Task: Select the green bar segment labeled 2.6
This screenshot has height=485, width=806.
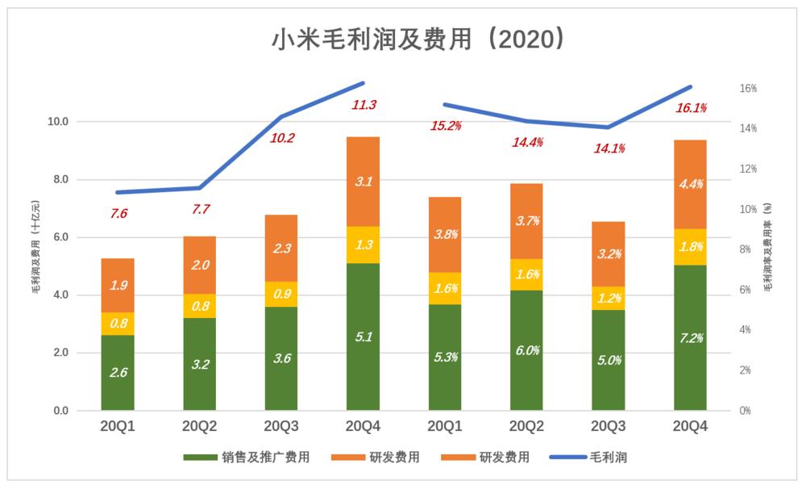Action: tap(118, 373)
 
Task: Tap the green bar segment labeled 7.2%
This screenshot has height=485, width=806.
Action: tap(690, 337)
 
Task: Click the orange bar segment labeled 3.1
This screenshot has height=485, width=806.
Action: tap(364, 182)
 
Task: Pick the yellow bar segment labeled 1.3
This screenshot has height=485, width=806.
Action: tap(364, 245)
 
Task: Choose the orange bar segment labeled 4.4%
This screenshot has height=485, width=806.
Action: tap(690, 184)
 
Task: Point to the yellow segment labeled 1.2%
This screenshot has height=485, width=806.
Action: tap(608, 299)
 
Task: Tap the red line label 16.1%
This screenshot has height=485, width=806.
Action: tap(692, 107)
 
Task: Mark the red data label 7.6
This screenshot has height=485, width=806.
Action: tap(118, 214)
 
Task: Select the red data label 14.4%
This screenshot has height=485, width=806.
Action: tap(527, 142)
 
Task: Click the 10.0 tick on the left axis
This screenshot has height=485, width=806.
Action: tap(58, 122)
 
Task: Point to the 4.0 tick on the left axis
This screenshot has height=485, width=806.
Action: tap(61, 295)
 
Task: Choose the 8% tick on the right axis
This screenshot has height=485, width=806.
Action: tap(749, 249)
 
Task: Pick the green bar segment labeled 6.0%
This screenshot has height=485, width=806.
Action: tap(526, 350)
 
